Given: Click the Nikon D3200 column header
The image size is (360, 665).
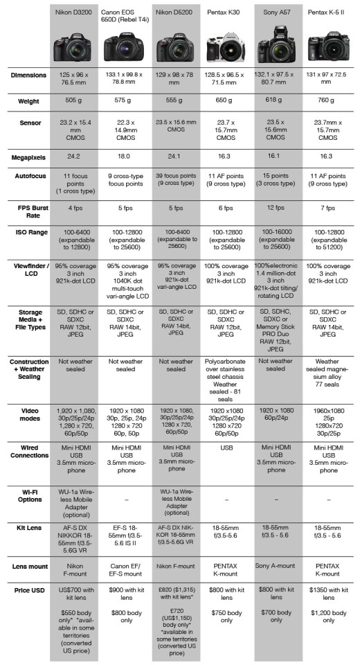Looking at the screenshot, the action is point(75,12).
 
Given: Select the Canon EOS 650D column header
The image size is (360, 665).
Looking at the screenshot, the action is point(125,16).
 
